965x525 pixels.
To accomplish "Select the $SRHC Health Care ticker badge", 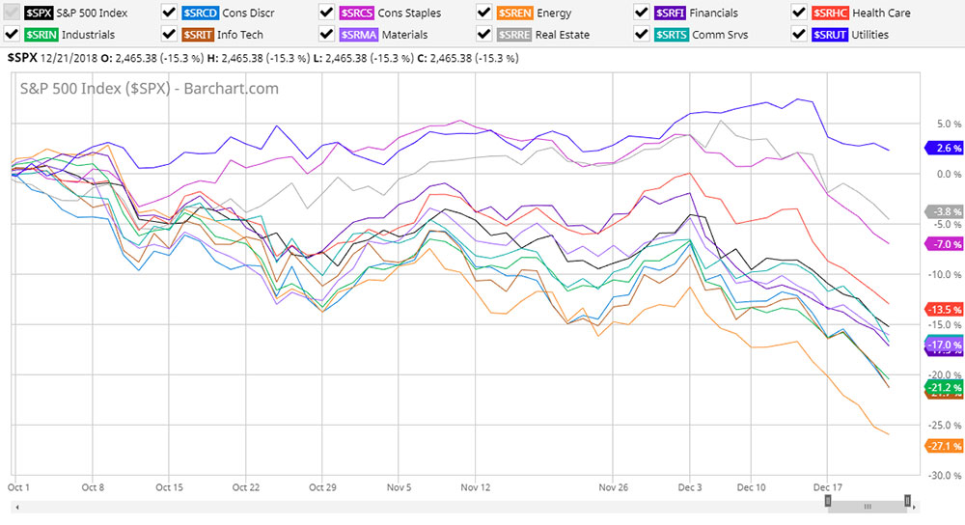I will pos(829,13).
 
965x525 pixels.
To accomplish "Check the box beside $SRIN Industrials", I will pos(12,34).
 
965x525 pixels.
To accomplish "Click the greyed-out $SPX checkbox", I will pos(12,13).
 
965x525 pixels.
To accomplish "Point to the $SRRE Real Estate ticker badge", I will pos(513,34).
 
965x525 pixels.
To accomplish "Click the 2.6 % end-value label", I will pos(944,149).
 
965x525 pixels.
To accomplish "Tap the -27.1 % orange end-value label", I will pos(944,445).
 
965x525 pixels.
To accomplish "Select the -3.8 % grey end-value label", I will pos(944,211).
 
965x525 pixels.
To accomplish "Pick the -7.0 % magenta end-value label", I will pos(944,244).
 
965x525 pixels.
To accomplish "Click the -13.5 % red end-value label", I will pos(944,309).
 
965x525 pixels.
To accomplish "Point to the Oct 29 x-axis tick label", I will pos(322,461).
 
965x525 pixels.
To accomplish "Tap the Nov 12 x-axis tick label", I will pos(476,461).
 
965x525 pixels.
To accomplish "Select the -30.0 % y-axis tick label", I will pos(944,476).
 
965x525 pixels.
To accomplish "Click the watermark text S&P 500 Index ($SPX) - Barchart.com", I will pos(150,89).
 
